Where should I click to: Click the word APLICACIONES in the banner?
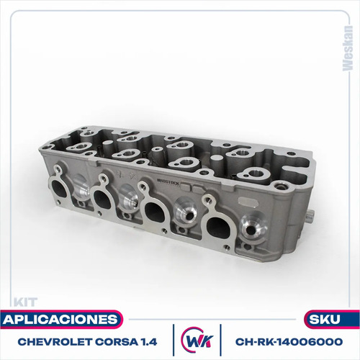60,320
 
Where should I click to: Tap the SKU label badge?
332,320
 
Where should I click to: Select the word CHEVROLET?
55,342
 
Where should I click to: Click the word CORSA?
117,342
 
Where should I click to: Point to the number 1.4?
149,342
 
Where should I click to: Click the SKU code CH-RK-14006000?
289,342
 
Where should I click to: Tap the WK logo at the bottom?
197,341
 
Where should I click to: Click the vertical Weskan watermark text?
348,48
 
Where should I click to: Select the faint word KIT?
25,302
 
